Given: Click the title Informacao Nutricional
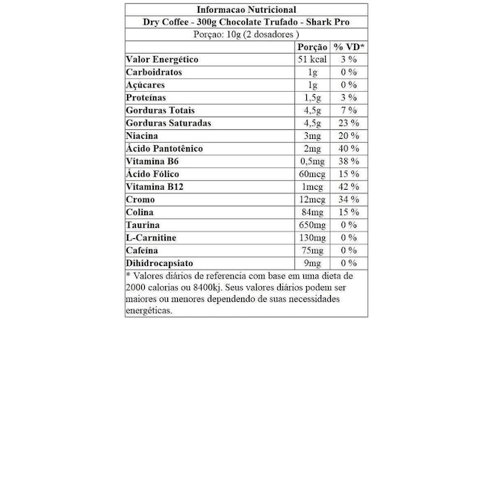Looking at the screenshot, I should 246,10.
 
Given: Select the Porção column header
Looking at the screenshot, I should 312,47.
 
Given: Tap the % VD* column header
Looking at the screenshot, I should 349,47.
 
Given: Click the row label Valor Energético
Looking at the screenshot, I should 162,60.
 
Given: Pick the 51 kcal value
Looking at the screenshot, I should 312,60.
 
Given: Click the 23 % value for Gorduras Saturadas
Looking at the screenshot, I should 349,123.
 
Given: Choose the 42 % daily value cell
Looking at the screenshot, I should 349,187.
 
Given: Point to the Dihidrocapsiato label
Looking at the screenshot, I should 160,263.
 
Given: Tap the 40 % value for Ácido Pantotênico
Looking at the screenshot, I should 349,149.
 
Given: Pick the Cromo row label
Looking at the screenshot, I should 140,199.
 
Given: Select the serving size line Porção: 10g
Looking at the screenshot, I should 246,34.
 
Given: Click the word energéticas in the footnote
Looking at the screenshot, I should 149,310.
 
